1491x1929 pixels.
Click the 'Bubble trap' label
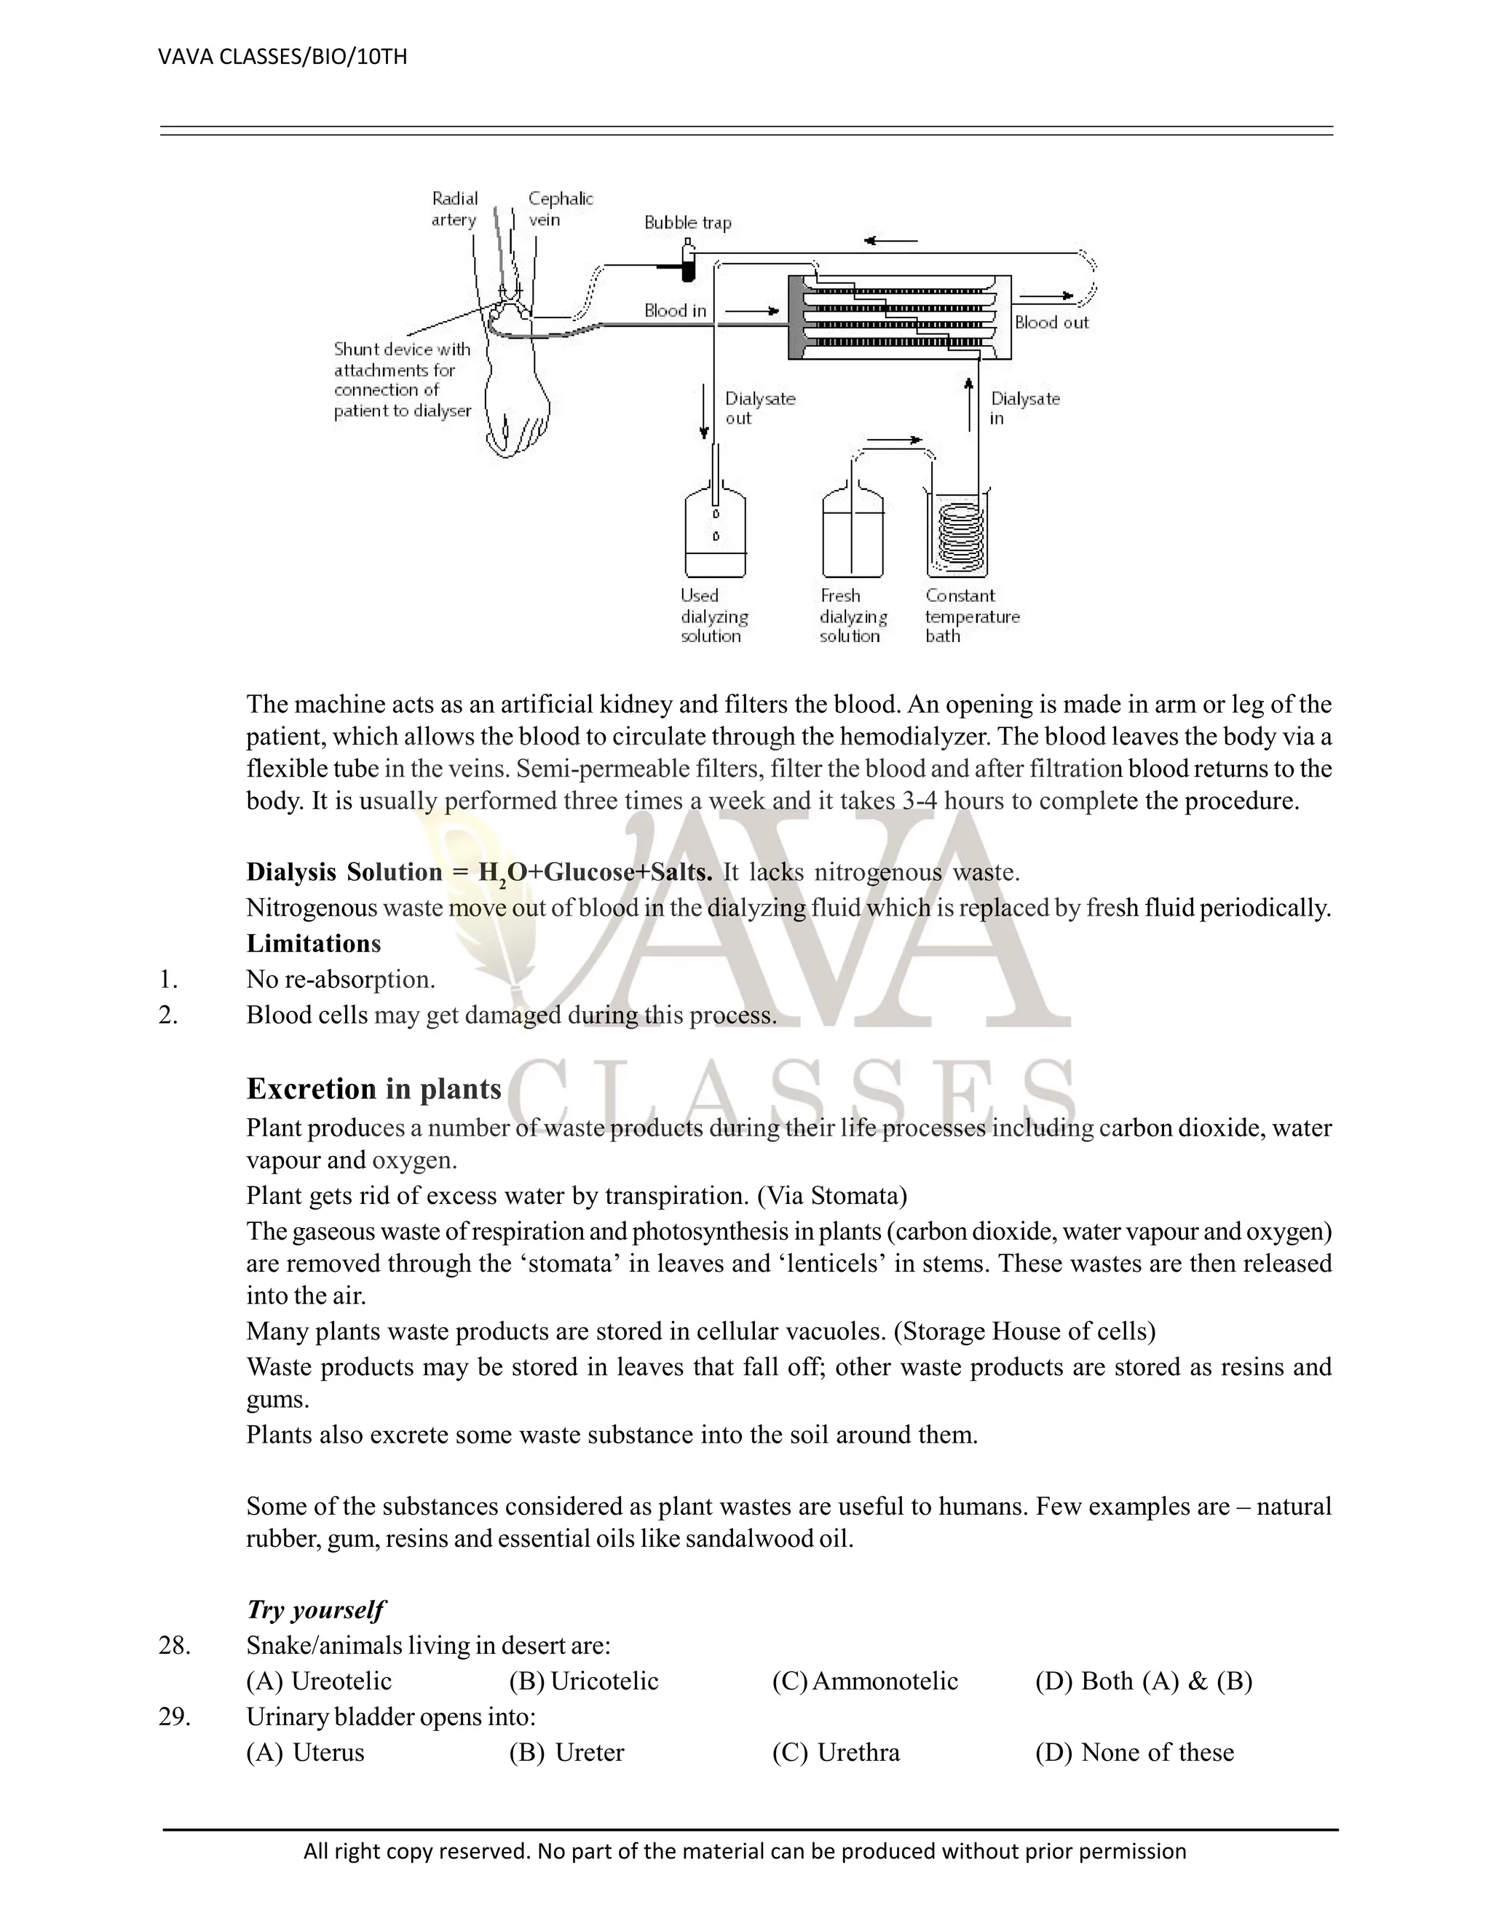coord(687,223)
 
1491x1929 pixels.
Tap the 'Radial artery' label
coord(454,210)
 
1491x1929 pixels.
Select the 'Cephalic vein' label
coord(560,210)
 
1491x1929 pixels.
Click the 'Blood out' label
coord(1051,322)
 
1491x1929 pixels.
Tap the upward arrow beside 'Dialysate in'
coord(969,403)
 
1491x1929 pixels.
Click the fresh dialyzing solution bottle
coord(852,534)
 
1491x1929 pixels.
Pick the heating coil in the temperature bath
coord(957,539)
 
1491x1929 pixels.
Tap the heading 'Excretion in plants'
coord(373,1089)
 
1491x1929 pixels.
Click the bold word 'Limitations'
coord(314,943)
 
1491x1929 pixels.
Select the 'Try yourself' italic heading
coord(315,1609)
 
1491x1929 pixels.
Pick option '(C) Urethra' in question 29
coord(836,1752)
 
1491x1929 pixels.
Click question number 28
coord(174,1646)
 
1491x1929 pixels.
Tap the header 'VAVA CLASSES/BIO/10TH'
coord(282,58)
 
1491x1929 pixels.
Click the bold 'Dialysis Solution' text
coord(344,872)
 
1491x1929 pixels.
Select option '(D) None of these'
coord(1134,1752)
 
